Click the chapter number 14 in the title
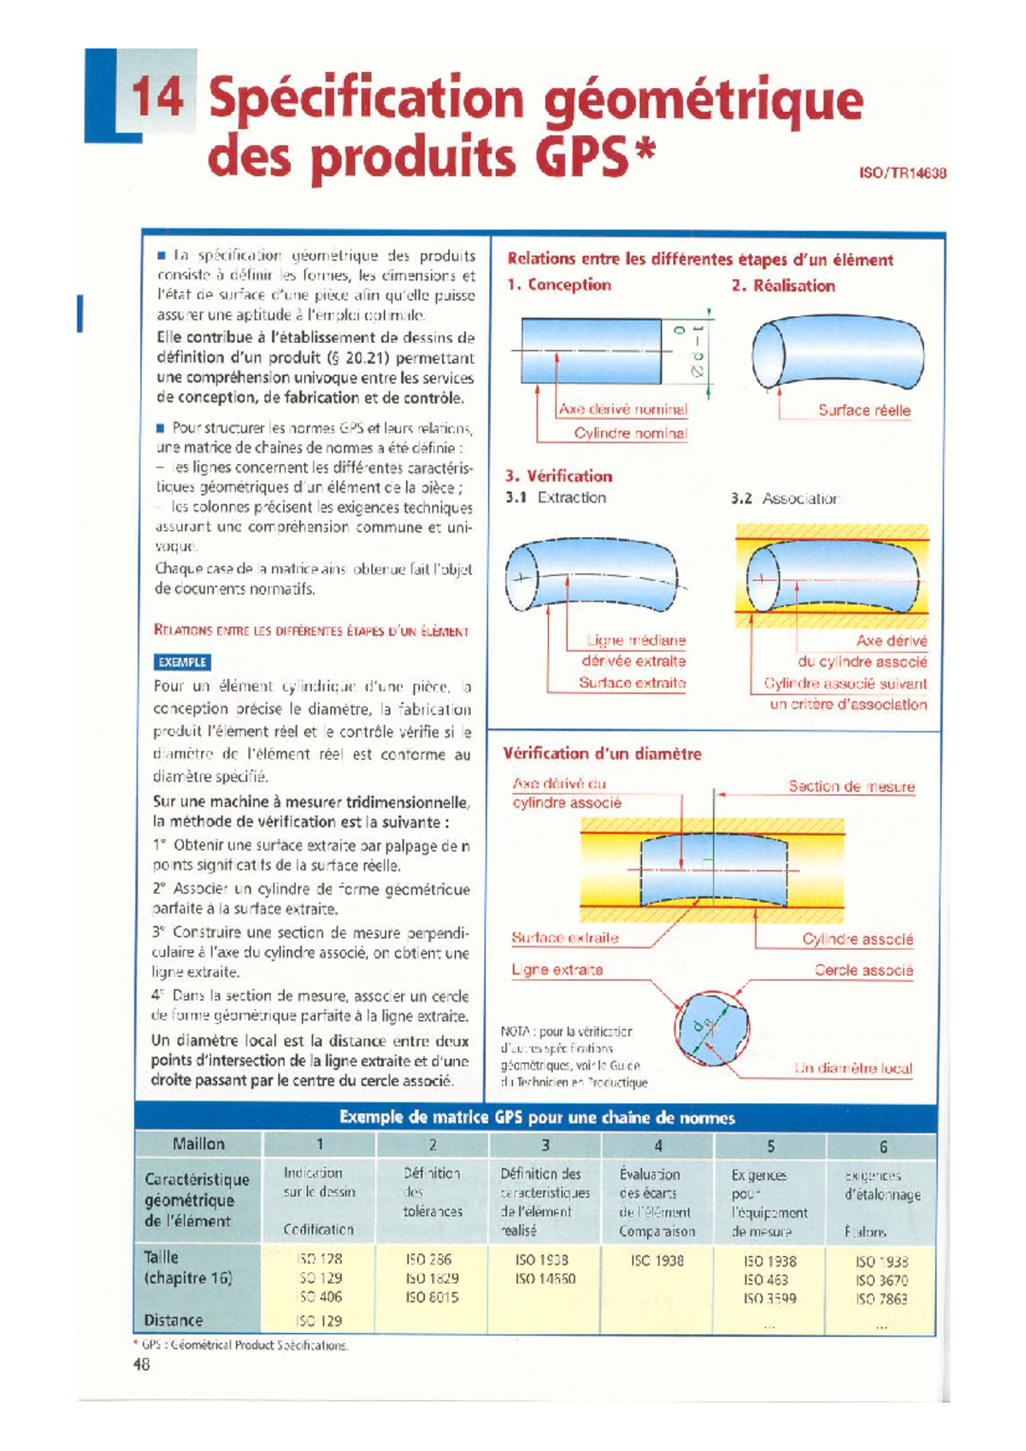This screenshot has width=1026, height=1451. point(157,97)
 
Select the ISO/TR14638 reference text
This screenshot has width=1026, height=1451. point(901,173)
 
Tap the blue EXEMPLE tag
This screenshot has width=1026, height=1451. point(182,662)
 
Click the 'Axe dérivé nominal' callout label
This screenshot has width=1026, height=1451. point(622,409)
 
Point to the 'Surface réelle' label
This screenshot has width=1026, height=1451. point(864,410)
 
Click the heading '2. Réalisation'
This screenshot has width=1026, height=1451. point(783,285)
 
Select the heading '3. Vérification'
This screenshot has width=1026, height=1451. point(558,476)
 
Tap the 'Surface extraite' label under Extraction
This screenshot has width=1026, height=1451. point(632,682)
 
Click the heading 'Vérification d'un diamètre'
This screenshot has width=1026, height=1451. point(601,754)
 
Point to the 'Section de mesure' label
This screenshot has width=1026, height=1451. point(851,786)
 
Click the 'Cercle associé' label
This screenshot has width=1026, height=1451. point(863,970)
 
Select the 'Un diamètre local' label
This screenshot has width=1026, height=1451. point(852,1068)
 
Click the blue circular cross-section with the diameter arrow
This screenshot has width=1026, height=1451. point(711,1028)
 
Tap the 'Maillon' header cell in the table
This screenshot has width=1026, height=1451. point(198,1144)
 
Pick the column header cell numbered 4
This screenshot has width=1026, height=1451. point(657,1145)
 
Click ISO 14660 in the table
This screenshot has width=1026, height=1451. point(545,1279)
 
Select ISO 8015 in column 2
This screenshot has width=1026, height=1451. point(432,1297)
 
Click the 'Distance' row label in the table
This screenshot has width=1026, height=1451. point(174,1320)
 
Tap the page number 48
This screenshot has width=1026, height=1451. point(142,1365)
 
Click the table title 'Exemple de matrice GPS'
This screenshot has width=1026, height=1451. point(537,1118)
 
